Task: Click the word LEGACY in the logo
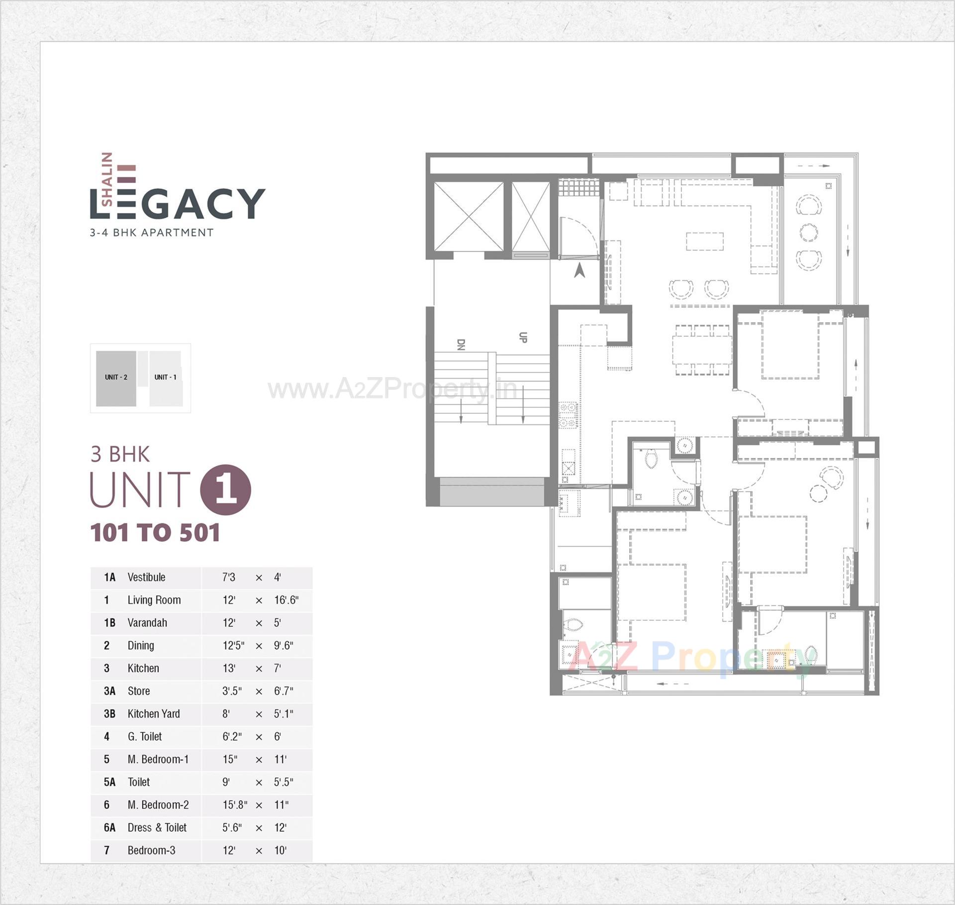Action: pyautogui.click(x=178, y=203)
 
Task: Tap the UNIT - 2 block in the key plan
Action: pyautogui.click(x=116, y=378)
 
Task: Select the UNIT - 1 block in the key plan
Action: pyautogui.click(x=165, y=378)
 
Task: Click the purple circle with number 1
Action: pyautogui.click(x=225, y=490)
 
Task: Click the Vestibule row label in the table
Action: pyautogui.click(x=146, y=578)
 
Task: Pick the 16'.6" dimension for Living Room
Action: pyautogui.click(x=286, y=601)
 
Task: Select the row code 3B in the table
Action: pyautogui.click(x=109, y=714)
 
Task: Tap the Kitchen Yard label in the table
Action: pyautogui.click(x=154, y=714)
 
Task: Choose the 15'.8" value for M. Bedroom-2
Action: pyautogui.click(x=235, y=805)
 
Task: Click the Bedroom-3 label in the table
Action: pyautogui.click(x=151, y=851)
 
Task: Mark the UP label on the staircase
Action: pyautogui.click(x=523, y=337)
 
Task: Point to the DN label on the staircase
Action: pyautogui.click(x=461, y=345)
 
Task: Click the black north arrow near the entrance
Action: pyautogui.click(x=579, y=271)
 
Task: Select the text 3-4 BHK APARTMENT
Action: pyautogui.click(x=152, y=232)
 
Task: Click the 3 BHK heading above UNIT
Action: pyautogui.click(x=120, y=454)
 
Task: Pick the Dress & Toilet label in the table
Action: pyautogui.click(x=157, y=828)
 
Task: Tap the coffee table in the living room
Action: pyautogui.click(x=705, y=242)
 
